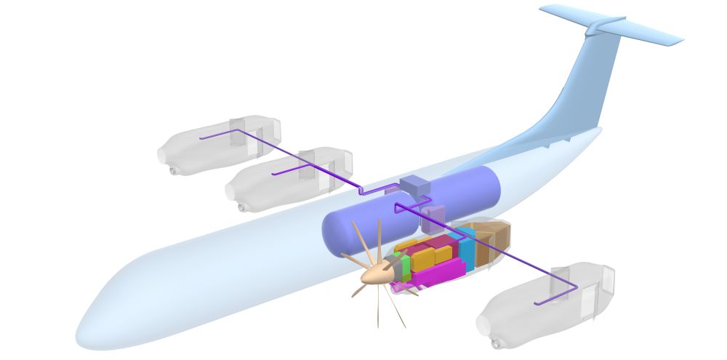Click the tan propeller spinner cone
click(377, 273)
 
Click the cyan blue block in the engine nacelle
click(466, 248)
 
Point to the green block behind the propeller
click(405, 267)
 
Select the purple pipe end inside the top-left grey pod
click(201, 137)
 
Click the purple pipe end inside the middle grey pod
click(273, 175)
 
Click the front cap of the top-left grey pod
click(164, 155)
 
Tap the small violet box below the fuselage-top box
click(434, 216)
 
